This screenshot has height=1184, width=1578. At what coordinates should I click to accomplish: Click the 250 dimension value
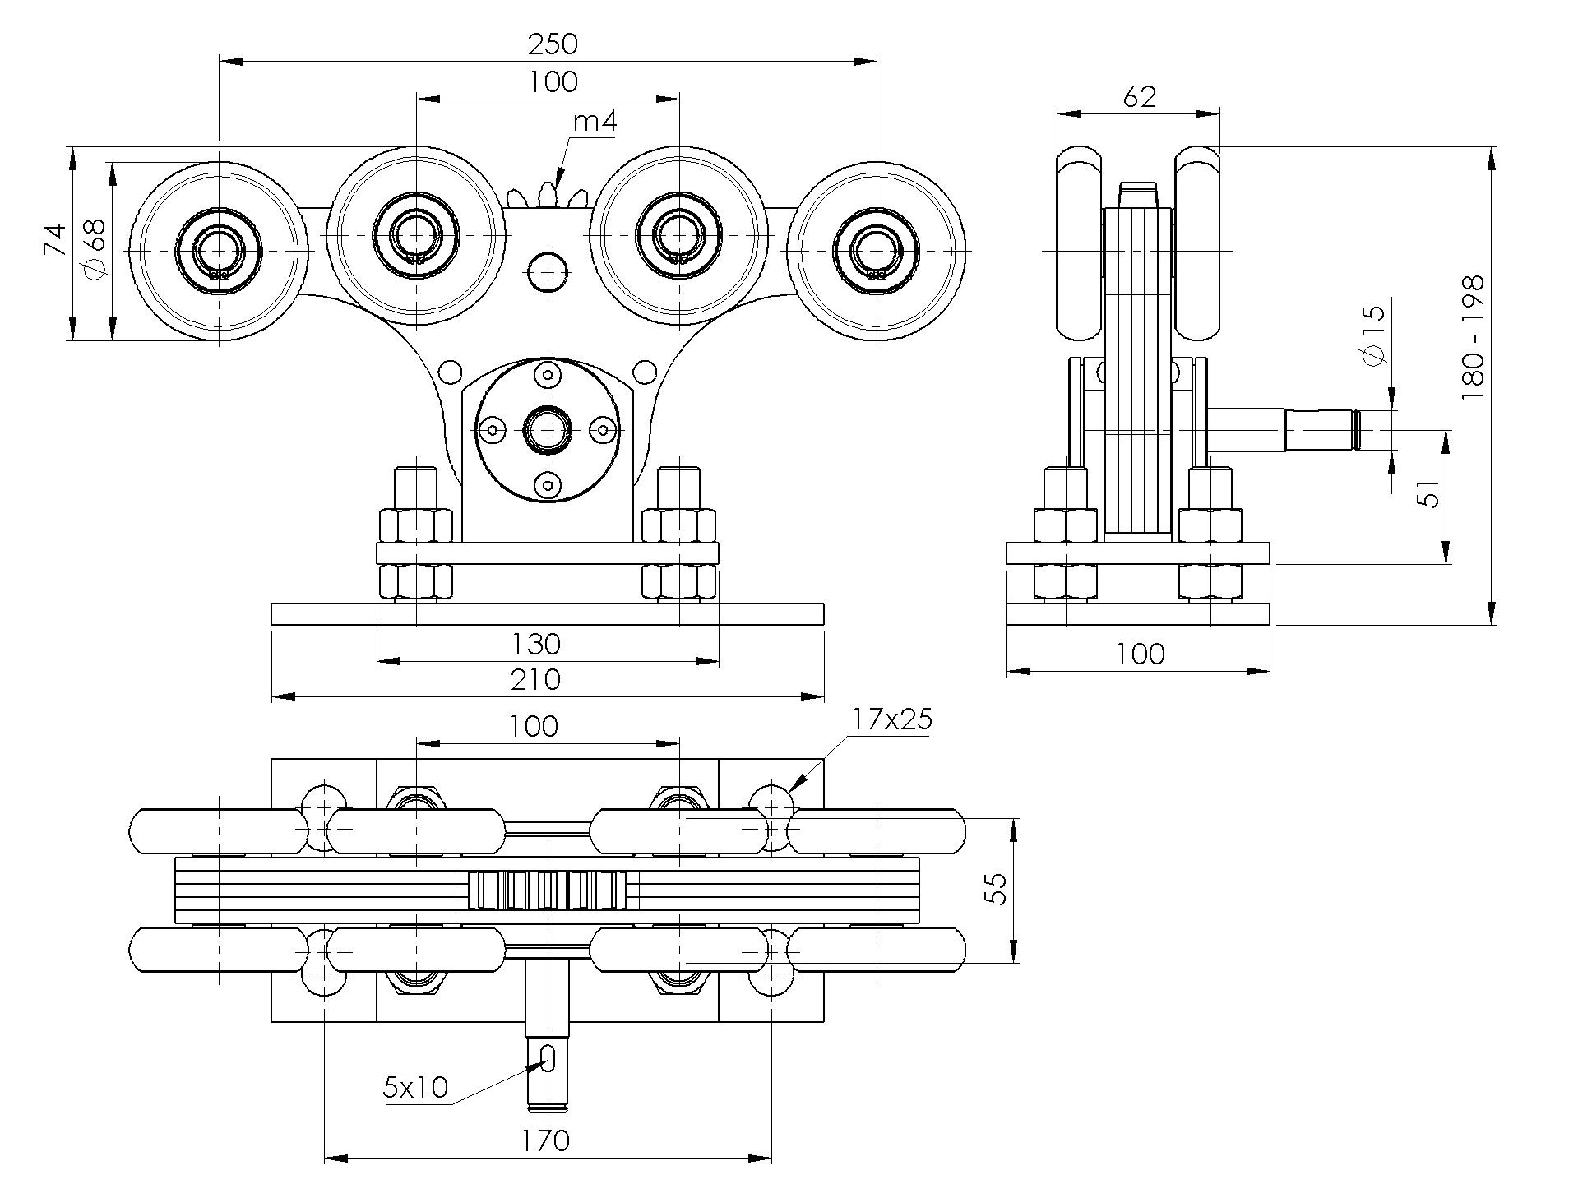click(x=553, y=44)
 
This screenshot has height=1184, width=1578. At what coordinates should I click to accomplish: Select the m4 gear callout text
click(x=595, y=122)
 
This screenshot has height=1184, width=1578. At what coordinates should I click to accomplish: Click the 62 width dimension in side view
click(x=1139, y=97)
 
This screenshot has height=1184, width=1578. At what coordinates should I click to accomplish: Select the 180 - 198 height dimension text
click(x=1473, y=337)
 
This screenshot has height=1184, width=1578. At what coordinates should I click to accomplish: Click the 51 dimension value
click(x=1432, y=493)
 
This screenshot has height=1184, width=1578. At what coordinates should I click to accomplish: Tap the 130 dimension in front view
click(x=536, y=644)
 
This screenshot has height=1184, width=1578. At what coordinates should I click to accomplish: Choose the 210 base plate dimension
click(x=536, y=680)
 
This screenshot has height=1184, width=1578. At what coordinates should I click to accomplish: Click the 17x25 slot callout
click(x=891, y=720)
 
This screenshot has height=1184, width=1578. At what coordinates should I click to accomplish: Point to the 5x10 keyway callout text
click(x=416, y=1088)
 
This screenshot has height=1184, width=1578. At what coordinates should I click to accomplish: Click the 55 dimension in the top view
click(x=996, y=890)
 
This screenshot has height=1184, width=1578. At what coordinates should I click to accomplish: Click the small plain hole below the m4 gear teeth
click(x=547, y=271)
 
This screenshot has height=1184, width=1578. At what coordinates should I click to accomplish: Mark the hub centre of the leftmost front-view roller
click(x=220, y=249)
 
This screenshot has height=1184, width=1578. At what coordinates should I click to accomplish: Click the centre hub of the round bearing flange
click(x=548, y=429)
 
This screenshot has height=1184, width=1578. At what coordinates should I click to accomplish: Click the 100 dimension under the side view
click(x=1141, y=654)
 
